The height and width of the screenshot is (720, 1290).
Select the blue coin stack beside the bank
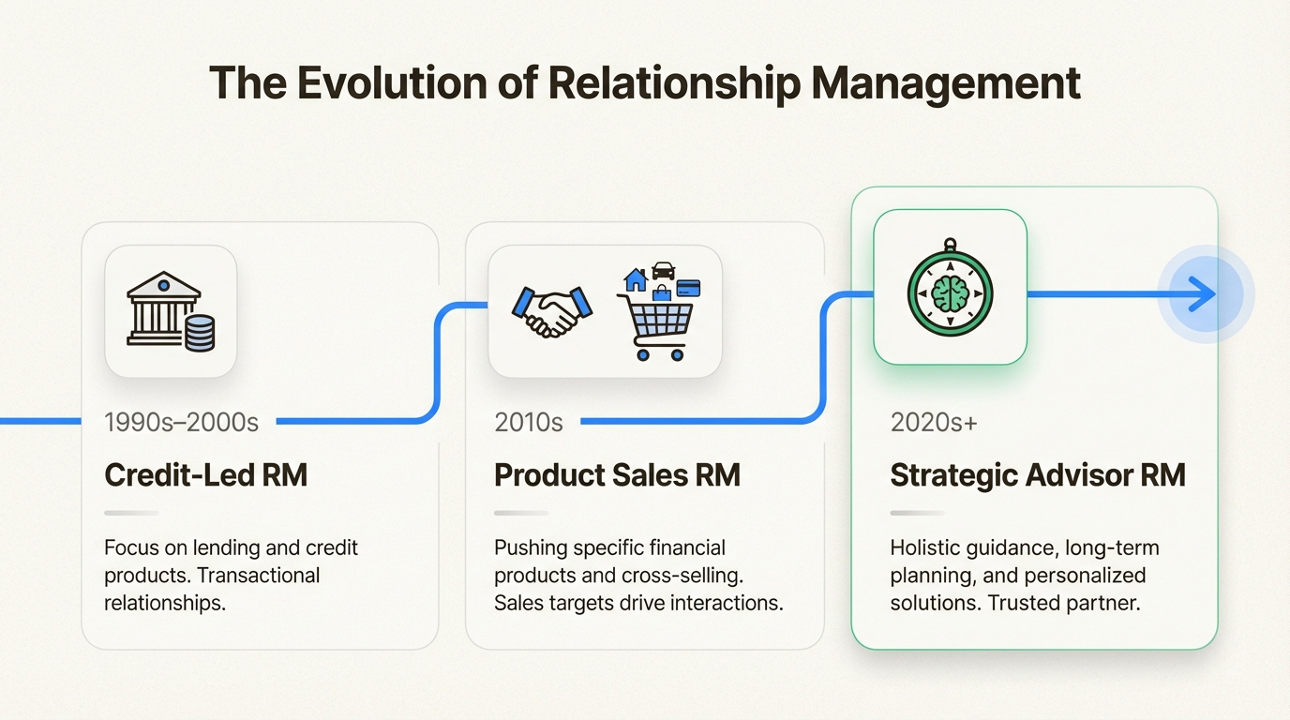(200, 333)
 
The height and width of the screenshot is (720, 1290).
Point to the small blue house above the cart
(636, 279)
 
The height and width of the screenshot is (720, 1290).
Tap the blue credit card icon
(688, 288)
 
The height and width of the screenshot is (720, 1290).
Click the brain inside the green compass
(950, 294)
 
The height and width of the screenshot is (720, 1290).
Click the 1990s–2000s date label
(181, 422)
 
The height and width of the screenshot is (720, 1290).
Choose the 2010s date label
(529, 422)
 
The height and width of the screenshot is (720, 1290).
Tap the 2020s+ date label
(934, 422)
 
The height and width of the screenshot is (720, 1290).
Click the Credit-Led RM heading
(205, 474)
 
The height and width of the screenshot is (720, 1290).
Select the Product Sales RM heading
(617, 474)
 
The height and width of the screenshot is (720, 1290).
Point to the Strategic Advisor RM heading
(1037, 474)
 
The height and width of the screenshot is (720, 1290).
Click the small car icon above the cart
(664, 270)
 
